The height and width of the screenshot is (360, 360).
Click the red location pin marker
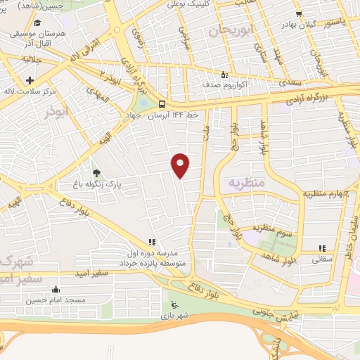point(181,165)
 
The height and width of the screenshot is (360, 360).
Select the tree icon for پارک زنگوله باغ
point(96,173)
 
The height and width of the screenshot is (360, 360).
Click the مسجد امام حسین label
point(56,300)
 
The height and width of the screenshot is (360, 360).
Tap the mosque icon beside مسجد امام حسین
point(56,288)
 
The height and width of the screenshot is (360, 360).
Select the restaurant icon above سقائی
point(323,247)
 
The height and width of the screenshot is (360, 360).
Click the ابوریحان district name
point(230,30)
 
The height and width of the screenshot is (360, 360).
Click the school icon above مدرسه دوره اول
point(151,241)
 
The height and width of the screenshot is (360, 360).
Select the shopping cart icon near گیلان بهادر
point(299,13)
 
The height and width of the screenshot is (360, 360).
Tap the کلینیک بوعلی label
point(184,4)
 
